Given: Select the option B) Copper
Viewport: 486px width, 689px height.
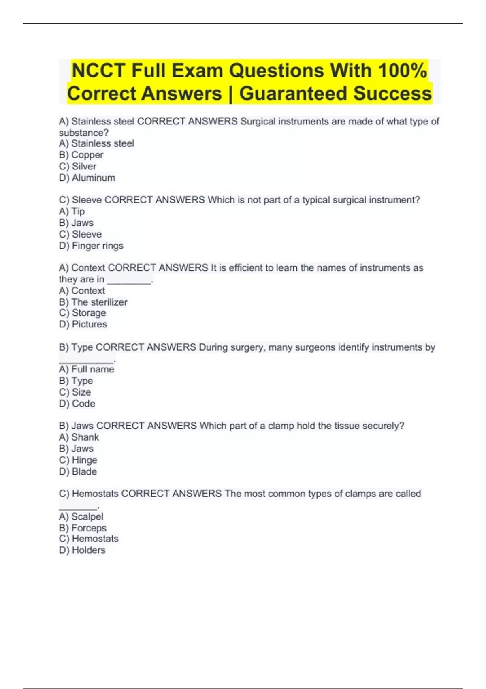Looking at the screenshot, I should [81, 155].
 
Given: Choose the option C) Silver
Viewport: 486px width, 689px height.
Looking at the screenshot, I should [78, 166].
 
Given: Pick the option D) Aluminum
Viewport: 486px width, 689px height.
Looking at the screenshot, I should [87, 178].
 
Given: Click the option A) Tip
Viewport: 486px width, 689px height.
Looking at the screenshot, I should [72, 211].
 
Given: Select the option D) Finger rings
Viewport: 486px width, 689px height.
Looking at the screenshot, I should [91, 246].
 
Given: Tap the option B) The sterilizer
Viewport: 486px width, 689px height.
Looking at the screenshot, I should [93, 302].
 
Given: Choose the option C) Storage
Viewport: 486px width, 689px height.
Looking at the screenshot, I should [82, 313].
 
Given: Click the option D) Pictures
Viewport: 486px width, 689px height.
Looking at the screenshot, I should [83, 324].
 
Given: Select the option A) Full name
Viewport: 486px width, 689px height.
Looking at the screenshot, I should [86, 369].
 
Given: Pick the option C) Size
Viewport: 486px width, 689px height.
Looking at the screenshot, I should [75, 392].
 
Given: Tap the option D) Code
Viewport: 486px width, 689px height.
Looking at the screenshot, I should [77, 404].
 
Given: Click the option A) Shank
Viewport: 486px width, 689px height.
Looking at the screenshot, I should [79, 437].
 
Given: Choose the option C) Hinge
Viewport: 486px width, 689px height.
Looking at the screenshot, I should [78, 460].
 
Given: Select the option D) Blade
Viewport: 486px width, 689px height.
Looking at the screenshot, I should [78, 471].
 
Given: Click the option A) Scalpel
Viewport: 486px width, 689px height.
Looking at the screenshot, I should [81, 516].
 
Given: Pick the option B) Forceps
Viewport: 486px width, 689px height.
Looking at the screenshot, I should [83, 528].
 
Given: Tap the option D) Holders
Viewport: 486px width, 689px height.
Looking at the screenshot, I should [82, 550].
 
